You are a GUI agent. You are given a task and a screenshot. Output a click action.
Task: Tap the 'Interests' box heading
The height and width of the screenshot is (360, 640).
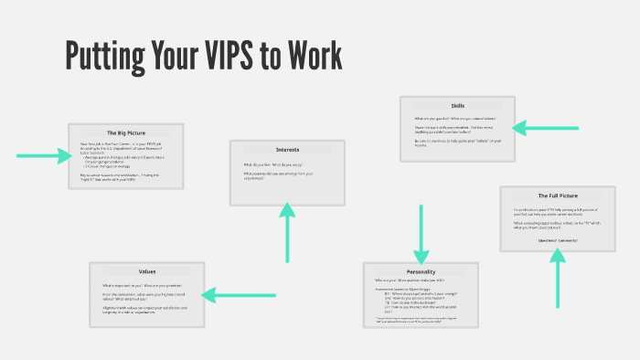287,149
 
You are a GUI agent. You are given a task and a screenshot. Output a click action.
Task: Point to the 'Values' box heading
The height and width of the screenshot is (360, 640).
146,271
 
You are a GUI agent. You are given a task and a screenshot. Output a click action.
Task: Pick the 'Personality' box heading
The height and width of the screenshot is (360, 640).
420,271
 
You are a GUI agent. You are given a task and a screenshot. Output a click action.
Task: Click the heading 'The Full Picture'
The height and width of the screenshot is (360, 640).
556,196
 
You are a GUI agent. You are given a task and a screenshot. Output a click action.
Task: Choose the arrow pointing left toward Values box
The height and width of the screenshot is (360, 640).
233,294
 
